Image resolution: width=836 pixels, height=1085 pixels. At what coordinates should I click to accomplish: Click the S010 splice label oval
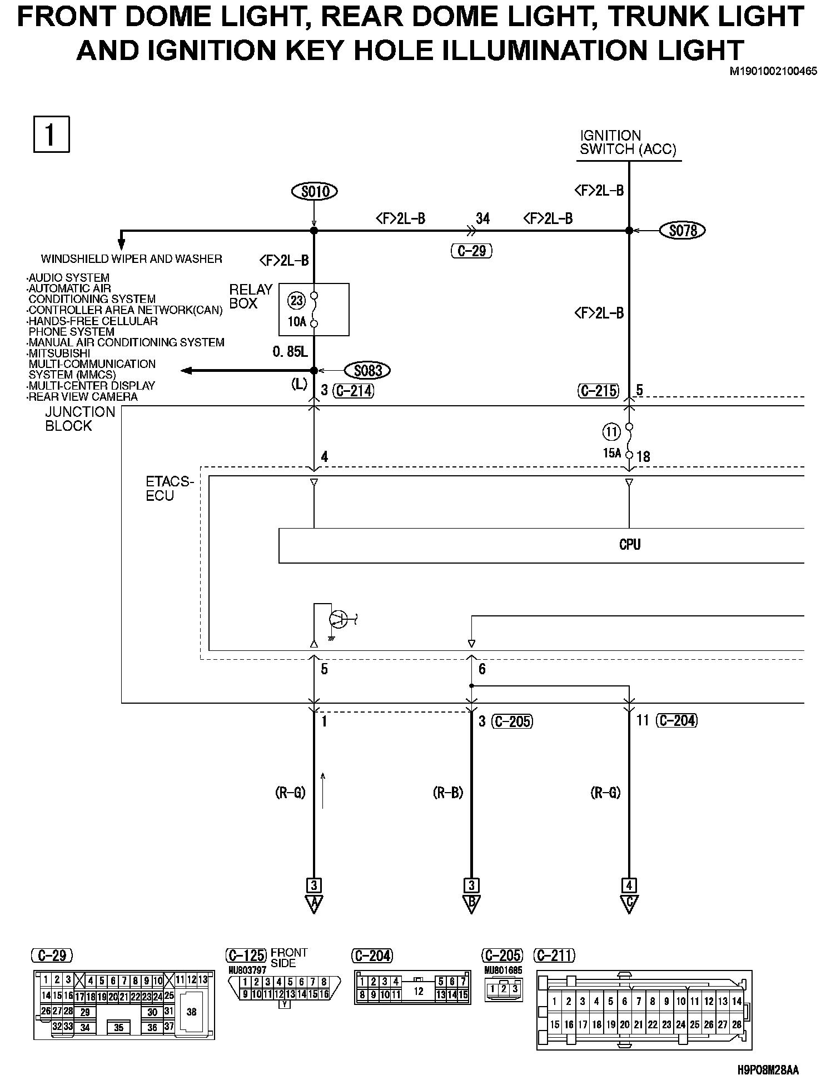tap(315, 192)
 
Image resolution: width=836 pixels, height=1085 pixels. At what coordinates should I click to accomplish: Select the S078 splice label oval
tap(683, 230)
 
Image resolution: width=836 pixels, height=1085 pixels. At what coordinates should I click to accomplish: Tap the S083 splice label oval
tap(367, 370)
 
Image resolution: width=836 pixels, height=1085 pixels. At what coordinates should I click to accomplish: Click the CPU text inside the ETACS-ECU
tap(630, 545)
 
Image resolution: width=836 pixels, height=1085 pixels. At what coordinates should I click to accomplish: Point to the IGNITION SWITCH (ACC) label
tap(628, 143)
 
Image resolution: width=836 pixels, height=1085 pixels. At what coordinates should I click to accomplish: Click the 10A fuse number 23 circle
tap(296, 301)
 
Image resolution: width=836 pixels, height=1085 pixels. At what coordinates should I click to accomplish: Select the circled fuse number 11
tap(611, 431)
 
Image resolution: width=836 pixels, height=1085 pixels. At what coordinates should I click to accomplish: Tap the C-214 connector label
tap(354, 391)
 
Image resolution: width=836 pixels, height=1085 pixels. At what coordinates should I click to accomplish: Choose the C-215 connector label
tap(598, 391)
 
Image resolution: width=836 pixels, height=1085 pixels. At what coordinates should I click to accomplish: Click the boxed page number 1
tap(51, 134)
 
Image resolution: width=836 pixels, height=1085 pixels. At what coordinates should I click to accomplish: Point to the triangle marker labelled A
tap(314, 904)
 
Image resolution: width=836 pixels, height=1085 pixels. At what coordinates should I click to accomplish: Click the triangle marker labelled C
tap(629, 904)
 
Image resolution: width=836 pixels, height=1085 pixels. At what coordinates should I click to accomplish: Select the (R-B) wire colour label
tap(448, 793)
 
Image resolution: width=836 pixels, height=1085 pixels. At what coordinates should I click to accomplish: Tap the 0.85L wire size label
tap(290, 352)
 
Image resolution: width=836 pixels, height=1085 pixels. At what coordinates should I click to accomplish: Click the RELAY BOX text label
tap(250, 296)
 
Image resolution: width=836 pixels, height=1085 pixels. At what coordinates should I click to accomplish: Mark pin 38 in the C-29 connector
tap(192, 1012)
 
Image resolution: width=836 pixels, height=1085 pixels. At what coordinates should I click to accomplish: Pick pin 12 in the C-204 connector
tap(419, 991)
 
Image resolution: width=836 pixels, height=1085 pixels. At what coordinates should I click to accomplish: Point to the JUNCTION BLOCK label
tap(79, 419)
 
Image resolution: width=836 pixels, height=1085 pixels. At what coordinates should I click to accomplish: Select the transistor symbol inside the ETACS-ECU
tap(338, 618)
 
